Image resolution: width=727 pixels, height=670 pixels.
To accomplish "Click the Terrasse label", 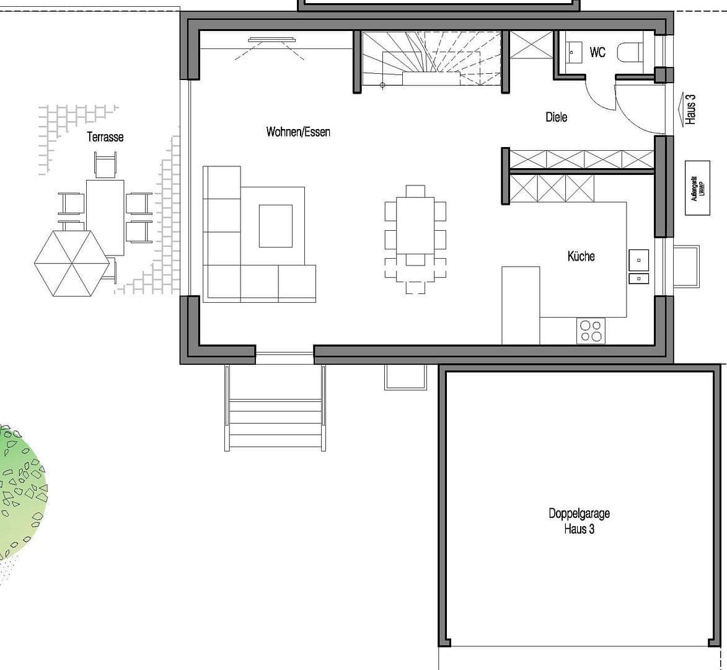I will point(105,137).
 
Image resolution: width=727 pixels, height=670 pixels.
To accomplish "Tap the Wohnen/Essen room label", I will point(298,132).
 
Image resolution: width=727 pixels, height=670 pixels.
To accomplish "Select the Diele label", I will point(556,117).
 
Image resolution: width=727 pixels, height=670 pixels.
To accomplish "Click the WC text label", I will point(597,53).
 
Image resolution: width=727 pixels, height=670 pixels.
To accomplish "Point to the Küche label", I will point(581,256).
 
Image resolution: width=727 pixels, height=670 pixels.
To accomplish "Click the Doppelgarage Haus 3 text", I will point(579,521).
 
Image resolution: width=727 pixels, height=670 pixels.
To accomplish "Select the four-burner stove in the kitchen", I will point(590,330).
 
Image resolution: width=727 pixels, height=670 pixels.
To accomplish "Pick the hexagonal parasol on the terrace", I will point(72,263).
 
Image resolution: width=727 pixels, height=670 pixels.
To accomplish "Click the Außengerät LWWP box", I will point(697,188).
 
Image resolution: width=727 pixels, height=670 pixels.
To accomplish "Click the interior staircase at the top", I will point(430,60).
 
